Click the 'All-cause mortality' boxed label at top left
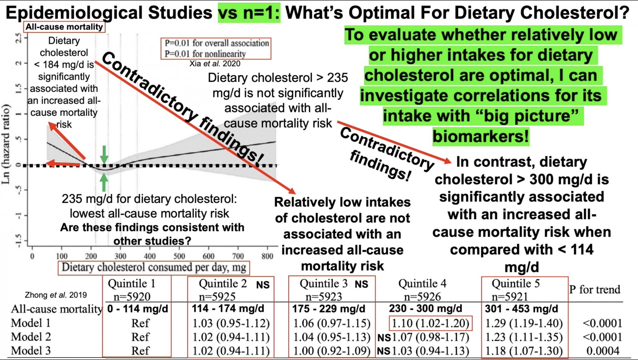[64, 27]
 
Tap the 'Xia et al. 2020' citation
[215, 63]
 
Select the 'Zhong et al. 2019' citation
[56, 295]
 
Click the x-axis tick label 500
[179, 256]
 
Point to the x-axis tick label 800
[267, 256]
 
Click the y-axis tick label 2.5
[19, 38]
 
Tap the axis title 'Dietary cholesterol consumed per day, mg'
[154, 268]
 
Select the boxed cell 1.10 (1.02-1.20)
[430, 323]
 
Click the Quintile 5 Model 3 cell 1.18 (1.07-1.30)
[524, 350]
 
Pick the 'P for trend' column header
[594, 289]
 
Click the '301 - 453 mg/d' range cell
[521, 308]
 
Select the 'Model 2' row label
[31, 337]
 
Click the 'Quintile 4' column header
[422, 283]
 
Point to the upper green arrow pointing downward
[104, 154]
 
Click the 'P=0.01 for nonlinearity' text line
[205, 53]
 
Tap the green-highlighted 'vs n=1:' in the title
[249, 13]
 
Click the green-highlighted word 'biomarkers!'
[480, 136]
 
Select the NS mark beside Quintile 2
[263, 285]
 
